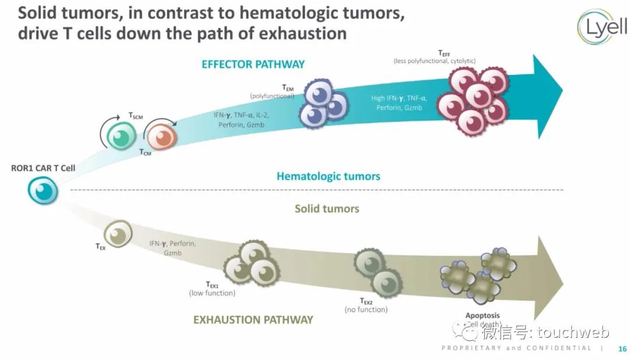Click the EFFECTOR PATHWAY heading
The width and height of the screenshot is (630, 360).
tap(253, 64)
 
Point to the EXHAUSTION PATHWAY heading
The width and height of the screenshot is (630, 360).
tap(253, 320)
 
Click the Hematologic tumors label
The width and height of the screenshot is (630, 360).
tap(328, 176)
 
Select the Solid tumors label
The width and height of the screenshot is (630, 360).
tap(327, 208)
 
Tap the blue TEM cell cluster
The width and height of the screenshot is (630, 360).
tap(323, 104)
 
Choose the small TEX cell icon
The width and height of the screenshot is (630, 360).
tap(118, 235)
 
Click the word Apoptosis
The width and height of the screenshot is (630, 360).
tap(482, 316)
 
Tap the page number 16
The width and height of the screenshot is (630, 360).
tap(622, 349)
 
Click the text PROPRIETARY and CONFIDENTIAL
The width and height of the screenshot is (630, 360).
tap(516, 348)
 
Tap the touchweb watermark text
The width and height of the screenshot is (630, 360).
tap(572, 333)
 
